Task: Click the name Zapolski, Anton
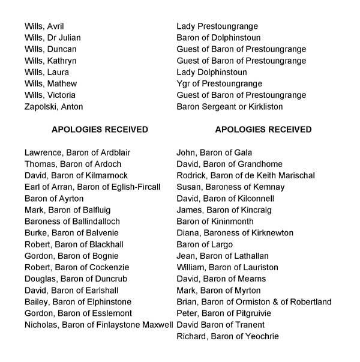click(53, 107)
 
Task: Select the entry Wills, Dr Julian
click(53, 38)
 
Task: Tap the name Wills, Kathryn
click(50, 61)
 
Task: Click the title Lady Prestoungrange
click(217, 26)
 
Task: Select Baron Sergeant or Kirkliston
click(229, 107)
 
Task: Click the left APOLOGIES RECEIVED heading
click(100, 130)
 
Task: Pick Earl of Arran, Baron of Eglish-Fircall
click(92, 187)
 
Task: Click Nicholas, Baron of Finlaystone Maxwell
click(98, 325)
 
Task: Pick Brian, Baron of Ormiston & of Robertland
click(254, 302)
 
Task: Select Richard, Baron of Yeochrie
click(227, 336)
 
